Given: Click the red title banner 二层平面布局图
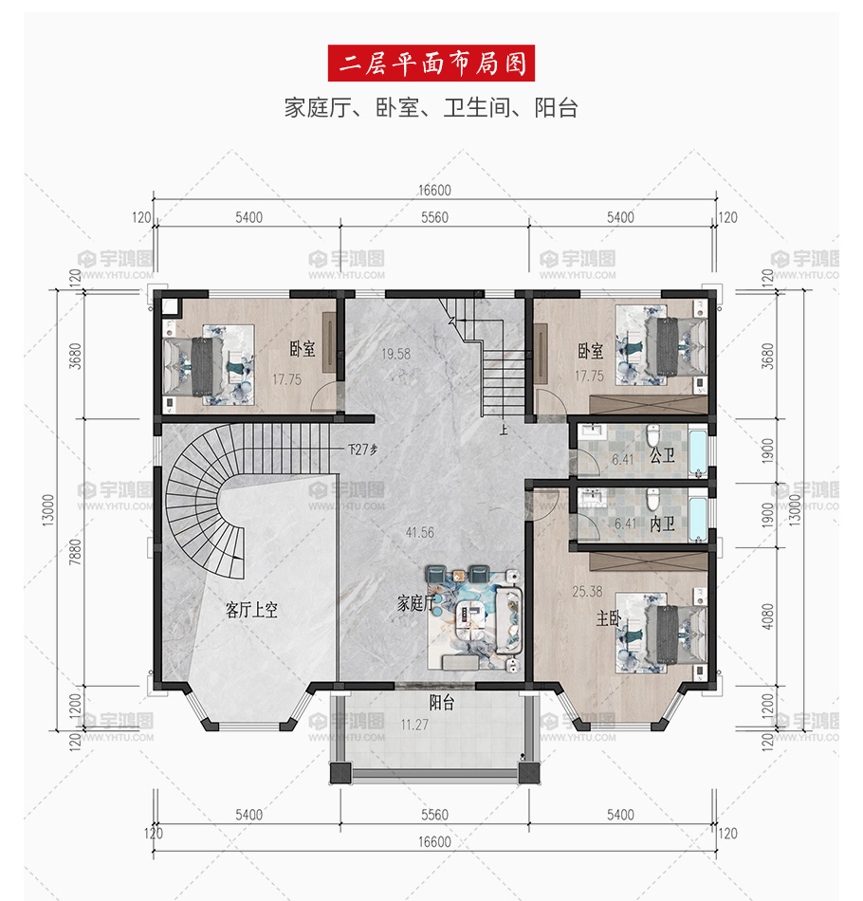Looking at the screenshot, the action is click(431, 64).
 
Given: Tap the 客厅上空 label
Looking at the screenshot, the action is click(251, 610).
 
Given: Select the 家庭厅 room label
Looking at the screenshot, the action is click(416, 603).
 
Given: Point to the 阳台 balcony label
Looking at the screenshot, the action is click(442, 702).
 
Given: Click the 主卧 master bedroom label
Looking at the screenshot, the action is click(609, 618).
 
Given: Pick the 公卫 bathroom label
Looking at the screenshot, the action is click(662, 455).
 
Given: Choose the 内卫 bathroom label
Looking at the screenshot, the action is click(662, 524).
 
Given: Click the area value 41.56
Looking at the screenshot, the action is click(419, 533).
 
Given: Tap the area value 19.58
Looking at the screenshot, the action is click(395, 354).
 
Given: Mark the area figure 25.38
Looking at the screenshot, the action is click(587, 591).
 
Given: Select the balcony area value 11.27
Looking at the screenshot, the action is click(414, 725).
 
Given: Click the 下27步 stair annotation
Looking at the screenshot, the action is click(362, 450).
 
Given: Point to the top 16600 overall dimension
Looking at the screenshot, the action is click(434, 191).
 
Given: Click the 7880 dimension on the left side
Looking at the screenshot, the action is click(75, 552).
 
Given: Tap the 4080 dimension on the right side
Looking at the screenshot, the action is click(767, 616).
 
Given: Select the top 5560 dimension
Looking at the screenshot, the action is click(434, 217).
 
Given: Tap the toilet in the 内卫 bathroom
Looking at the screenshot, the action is click(652, 500).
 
